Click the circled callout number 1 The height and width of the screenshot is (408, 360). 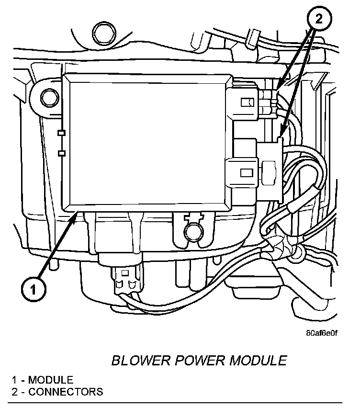[33, 289]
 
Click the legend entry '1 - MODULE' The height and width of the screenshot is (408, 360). [43, 380]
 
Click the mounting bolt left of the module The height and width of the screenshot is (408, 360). [48, 98]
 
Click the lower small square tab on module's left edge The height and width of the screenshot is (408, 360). [61, 153]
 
